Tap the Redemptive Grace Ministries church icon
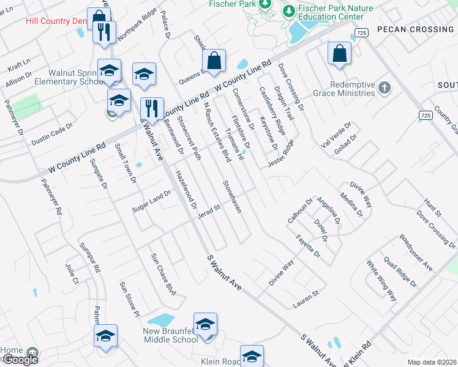tap(385, 87)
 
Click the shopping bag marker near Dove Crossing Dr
tap(339, 54)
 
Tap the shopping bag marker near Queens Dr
tap(214, 61)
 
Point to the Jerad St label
tap(208, 209)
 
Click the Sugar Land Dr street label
tap(151, 201)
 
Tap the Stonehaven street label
tap(232, 196)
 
